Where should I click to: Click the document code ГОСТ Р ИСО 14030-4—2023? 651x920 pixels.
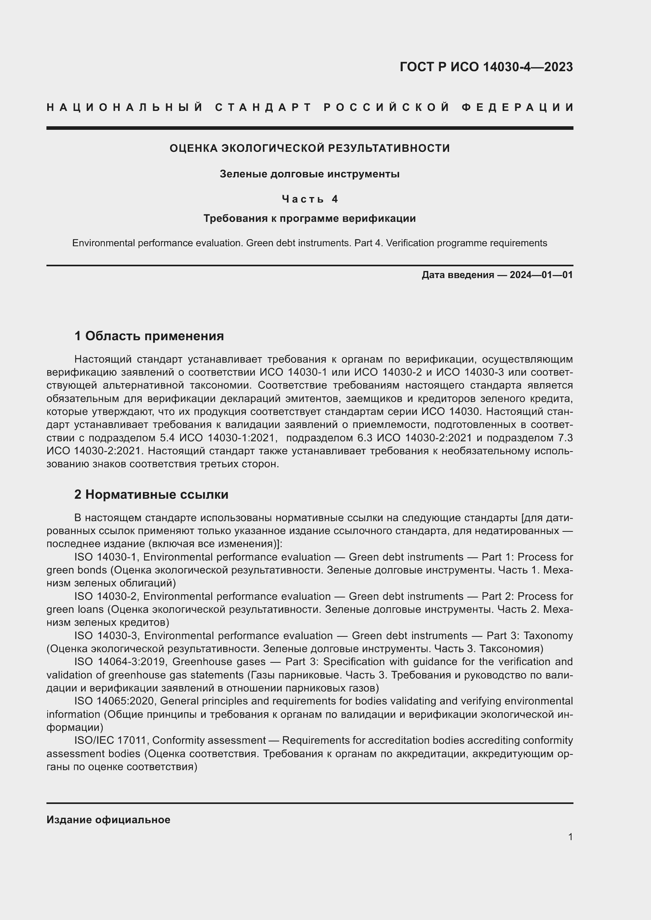tap(486, 67)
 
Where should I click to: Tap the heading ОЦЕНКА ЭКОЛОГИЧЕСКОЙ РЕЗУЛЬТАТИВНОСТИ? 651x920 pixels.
tap(309, 148)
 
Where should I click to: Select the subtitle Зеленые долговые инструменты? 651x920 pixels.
tap(309, 174)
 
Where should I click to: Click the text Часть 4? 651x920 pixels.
tap(310, 199)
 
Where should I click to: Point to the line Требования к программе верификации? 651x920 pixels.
tap(309, 218)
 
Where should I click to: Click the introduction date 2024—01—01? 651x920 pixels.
tap(541, 275)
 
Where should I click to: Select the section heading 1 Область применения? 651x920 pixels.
tap(149, 336)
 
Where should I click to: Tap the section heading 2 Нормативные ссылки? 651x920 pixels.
tap(151, 494)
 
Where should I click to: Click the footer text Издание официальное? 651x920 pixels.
tap(108, 820)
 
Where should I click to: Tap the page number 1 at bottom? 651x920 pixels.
tap(570, 837)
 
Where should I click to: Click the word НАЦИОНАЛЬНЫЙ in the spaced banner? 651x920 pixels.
tap(125, 107)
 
